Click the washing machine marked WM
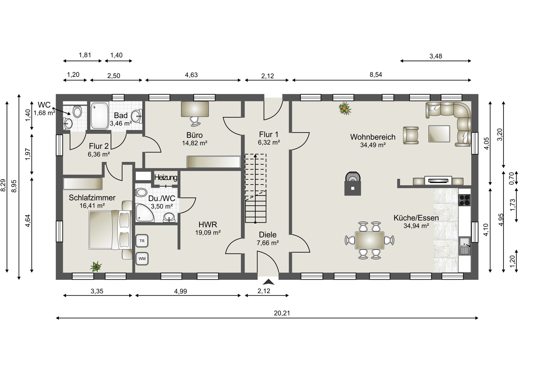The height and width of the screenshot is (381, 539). (x=142, y=259)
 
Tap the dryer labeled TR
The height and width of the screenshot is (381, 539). (x=142, y=241)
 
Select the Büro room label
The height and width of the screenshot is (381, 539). (x=195, y=135)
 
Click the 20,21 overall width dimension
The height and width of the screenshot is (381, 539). (x=282, y=313)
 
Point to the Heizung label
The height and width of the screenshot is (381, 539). (x=166, y=177)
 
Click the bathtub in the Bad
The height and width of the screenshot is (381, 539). (x=99, y=116)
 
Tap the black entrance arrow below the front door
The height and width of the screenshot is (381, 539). (x=268, y=282)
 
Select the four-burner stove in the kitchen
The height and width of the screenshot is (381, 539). (x=464, y=200)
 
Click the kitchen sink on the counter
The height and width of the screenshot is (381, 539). (x=465, y=246)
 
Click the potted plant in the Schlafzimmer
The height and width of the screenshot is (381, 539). (x=96, y=266)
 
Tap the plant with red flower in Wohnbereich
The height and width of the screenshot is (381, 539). (x=345, y=108)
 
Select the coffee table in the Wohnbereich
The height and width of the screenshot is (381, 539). (x=439, y=134)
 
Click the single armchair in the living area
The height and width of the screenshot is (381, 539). (x=411, y=135)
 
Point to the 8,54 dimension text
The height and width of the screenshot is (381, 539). (x=376, y=75)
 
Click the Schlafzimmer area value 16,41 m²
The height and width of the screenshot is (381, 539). (x=92, y=206)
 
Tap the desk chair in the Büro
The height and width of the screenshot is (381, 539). (x=195, y=121)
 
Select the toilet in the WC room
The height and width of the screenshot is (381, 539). (x=77, y=111)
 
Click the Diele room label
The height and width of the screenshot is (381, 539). (x=268, y=235)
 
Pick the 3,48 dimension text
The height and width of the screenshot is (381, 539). (x=436, y=56)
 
